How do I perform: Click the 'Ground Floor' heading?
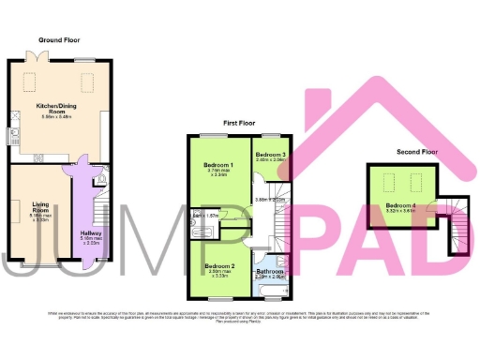point(57,40)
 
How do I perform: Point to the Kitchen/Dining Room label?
point(58,112)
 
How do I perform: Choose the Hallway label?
point(90,235)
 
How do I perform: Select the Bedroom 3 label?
point(270,155)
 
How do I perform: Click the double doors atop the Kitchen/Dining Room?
point(35,58)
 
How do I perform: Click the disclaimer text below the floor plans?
point(240,316)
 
